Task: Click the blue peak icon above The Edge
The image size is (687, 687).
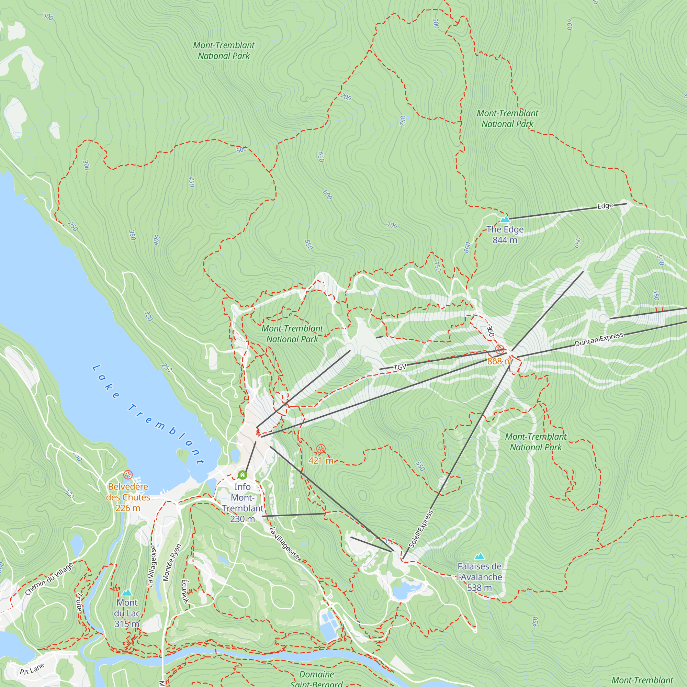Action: (x=505, y=219)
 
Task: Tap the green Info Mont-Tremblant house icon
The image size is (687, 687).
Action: (x=243, y=475)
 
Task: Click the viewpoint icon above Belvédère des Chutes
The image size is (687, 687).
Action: (x=128, y=475)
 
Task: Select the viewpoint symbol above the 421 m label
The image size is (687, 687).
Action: (x=321, y=449)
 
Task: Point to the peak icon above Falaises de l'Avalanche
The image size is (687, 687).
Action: (x=480, y=556)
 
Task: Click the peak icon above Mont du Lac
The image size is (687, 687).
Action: (x=127, y=593)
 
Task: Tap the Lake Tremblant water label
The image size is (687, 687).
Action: (x=148, y=414)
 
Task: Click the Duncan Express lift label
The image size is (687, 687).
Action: (x=599, y=339)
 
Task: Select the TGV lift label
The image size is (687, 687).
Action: (x=400, y=367)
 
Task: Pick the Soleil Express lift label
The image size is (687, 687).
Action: (x=421, y=529)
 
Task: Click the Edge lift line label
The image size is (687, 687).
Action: (x=605, y=206)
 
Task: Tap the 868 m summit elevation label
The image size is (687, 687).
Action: (x=499, y=361)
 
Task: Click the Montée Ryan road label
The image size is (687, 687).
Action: (x=172, y=562)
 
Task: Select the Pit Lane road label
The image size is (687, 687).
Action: (x=32, y=669)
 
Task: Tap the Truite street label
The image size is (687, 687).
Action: (x=79, y=602)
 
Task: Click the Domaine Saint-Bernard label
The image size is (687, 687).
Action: (x=316, y=679)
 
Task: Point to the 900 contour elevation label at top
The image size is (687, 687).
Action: (x=436, y=23)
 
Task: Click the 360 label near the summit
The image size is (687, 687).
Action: (x=491, y=331)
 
